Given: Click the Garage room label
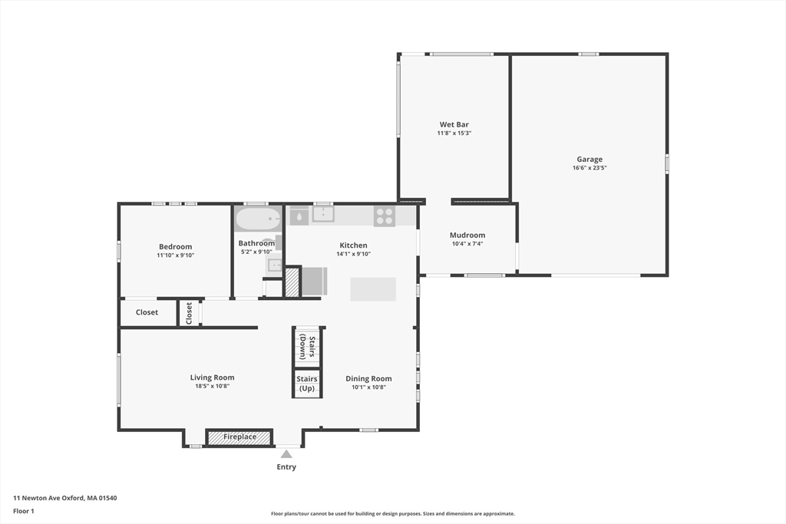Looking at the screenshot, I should tap(589, 160).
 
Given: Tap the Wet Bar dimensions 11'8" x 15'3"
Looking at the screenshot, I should tap(454, 133).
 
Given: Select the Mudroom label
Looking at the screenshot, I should tap(467, 235).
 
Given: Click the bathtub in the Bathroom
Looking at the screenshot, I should tap(258, 219).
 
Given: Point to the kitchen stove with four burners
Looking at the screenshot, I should tap(384, 216).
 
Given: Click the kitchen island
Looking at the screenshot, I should tap(373, 289).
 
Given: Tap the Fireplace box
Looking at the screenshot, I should tap(239, 437).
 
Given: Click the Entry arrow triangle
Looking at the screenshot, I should tap(286, 453).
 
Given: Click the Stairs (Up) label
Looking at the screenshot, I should tap(307, 383).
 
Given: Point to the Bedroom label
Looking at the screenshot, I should tap(175, 246).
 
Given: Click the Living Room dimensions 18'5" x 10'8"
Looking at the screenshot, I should tap(213, 386).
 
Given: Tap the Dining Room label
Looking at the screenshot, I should tap(368, 378).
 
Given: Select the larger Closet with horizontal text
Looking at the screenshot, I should tap(147, 312).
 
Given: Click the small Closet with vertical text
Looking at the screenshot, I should tap(189, 312).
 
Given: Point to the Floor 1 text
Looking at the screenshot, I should tap(24, 510).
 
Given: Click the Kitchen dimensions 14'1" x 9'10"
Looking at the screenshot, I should tap(353, 254).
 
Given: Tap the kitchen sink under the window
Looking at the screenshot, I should tap(322, 215).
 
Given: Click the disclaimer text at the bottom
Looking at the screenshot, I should tap(392, 514).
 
